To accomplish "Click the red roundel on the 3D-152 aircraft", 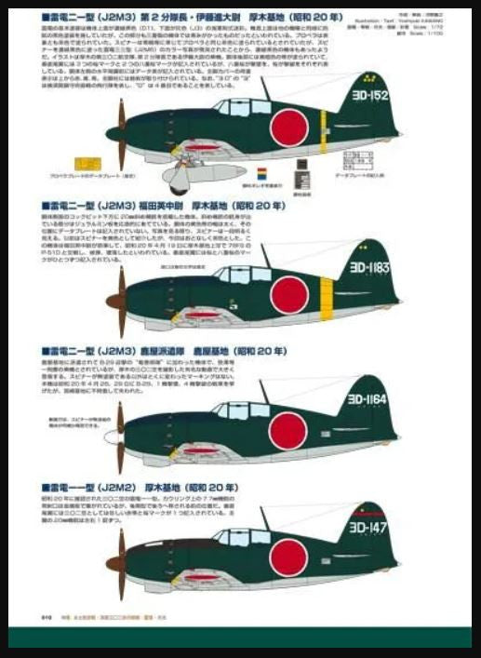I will pos(288,128).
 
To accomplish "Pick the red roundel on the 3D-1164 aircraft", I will pos(287,429).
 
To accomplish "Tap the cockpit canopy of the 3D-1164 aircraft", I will pos(234,409).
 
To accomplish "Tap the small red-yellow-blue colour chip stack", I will pos(261,175).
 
